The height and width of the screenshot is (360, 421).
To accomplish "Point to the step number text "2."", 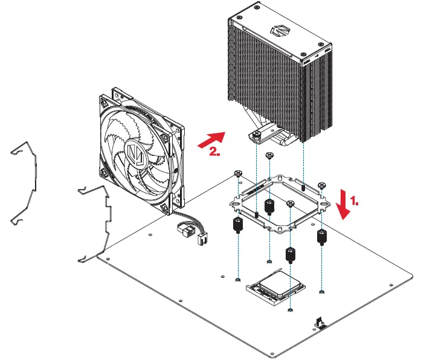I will [214, 152].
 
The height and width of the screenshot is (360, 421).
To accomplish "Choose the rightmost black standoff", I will [323, 236].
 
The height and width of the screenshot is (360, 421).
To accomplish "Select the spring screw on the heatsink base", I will [257, 134].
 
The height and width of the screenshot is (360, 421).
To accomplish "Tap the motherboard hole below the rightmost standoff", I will [323, 293].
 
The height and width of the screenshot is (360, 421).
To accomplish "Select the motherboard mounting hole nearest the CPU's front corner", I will [291, 310].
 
